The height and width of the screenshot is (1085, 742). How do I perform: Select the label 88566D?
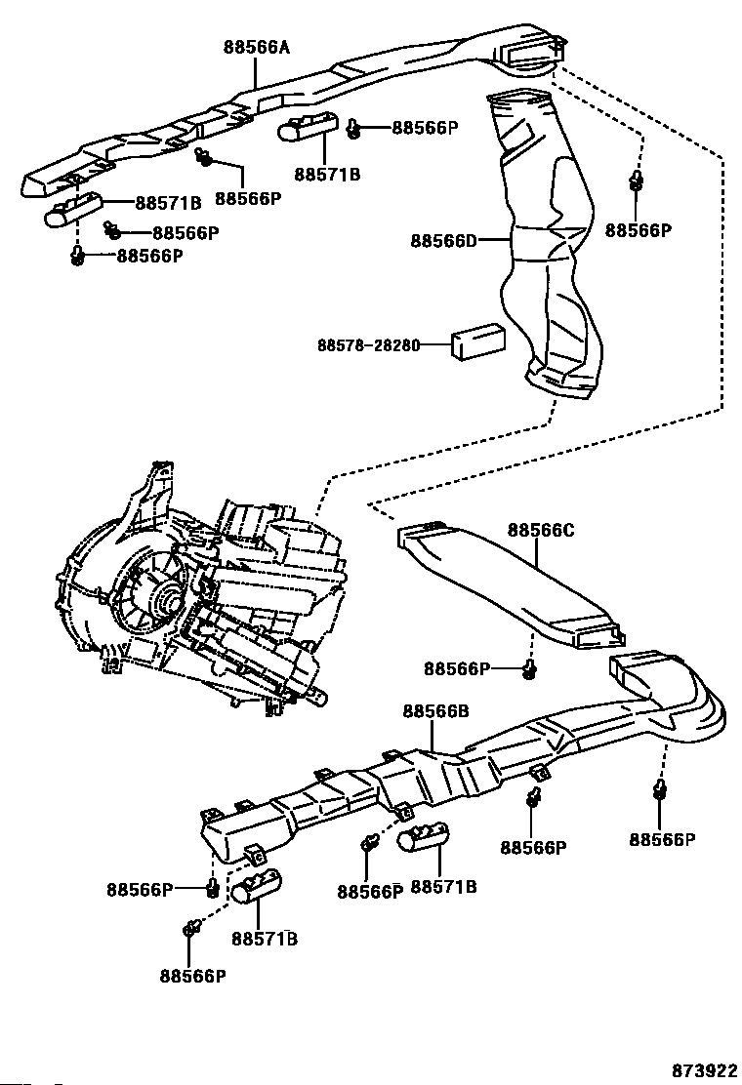pyautogui.click(x=443, y=240)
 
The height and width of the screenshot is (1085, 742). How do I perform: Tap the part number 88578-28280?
pyautogui.click(x=367, y=345)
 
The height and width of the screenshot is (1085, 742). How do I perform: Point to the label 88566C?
pyautogui.click(x=540, y=531)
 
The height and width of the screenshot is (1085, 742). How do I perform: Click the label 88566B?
pyautogui.click(x=435, y=711)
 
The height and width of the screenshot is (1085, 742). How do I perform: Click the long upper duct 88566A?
pyautogui.click(x=293, y=98)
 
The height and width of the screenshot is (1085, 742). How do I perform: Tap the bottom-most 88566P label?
pyautogui.click(x=193, y=975)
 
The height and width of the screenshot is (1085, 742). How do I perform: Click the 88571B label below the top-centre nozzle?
pyautogui.click(x=327, y=175)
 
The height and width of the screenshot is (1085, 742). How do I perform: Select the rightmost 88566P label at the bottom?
pyautogui.click(x=661, y=839)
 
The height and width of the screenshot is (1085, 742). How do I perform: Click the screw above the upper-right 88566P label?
pyautogui.click(x=637, y=182)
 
